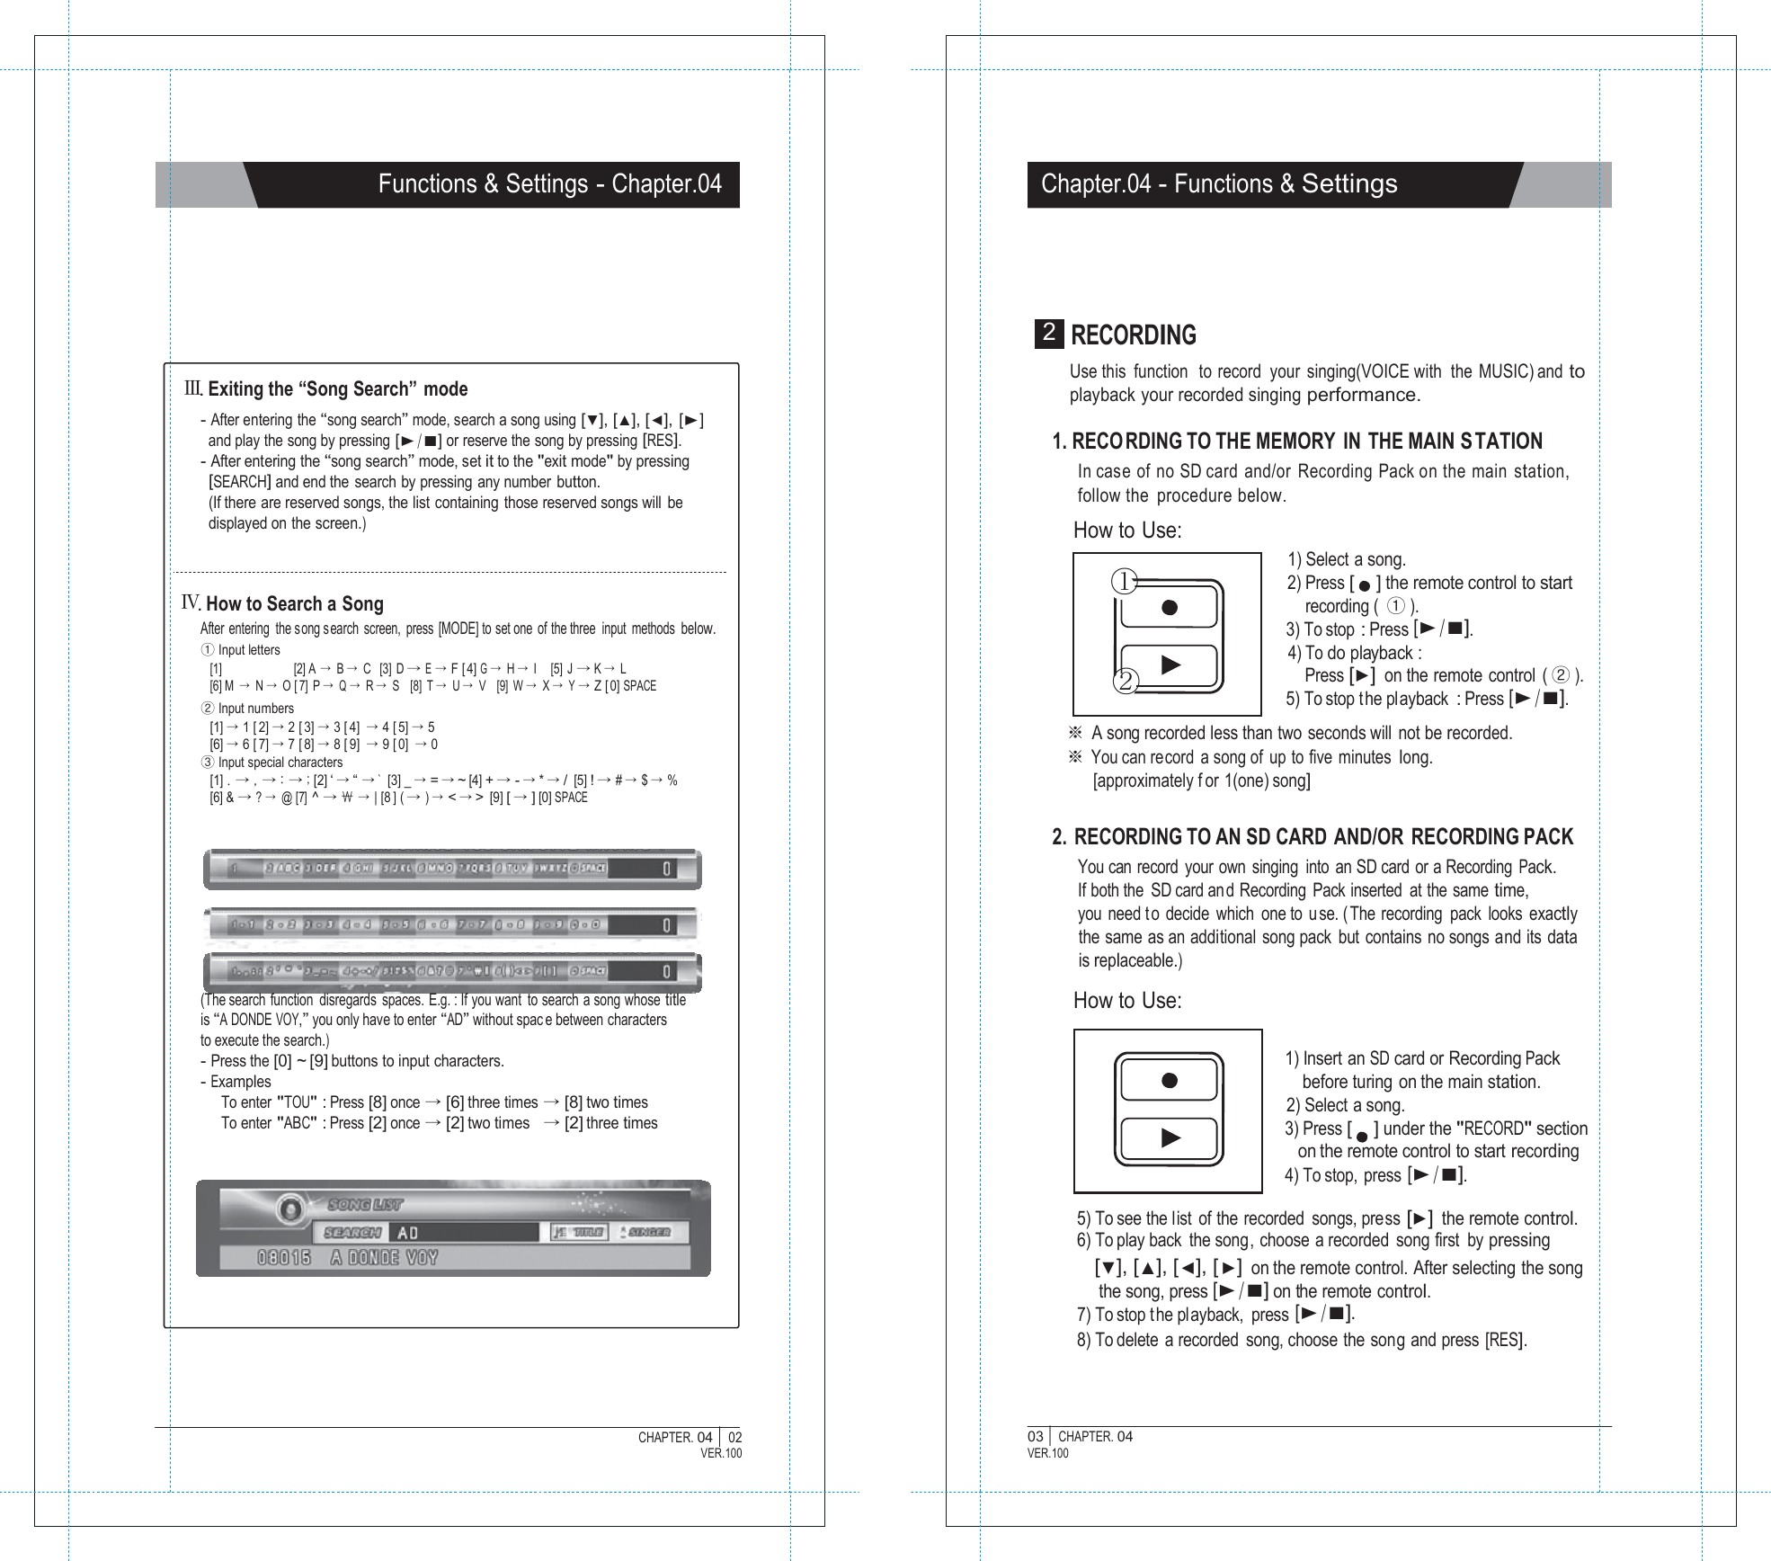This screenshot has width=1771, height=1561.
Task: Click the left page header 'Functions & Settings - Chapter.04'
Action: coord(549,184)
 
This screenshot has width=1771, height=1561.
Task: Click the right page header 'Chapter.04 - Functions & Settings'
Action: coord(1219,184)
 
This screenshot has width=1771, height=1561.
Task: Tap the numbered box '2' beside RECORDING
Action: coord(1048,333)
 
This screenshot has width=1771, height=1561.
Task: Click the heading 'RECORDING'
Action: coord(1133,335)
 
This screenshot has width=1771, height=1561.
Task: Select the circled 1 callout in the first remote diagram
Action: coord(1124,582)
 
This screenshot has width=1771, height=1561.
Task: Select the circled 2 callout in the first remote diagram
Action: coord(1125,682)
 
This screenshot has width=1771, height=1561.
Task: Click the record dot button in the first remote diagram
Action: coord(1170,608)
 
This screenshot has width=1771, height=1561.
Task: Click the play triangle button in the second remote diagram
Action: coord(1170,1138)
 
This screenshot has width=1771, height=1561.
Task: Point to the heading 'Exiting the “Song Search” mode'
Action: coord(337,389)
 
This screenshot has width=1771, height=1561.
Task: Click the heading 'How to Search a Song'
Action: coord(294,604)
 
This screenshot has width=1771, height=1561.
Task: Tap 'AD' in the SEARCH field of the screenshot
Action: coord(407,1233)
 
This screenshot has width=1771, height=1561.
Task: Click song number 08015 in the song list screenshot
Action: coord(284,1258)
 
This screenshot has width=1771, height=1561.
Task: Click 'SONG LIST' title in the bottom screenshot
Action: coord(365,1204)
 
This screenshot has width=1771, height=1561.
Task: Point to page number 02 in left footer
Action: coord(734,1437)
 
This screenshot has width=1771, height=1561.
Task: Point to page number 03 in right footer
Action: coord(1036,1436)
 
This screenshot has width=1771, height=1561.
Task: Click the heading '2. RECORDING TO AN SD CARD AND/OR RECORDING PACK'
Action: coord(1313,837)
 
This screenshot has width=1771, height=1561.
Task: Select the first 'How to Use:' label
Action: coord(1127,531)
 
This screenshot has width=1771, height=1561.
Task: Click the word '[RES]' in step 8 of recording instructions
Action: coord(1505,1340)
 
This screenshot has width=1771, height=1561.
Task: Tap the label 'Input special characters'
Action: coord(280,763)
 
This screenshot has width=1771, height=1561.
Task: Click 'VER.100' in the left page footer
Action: coord(721,1453)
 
